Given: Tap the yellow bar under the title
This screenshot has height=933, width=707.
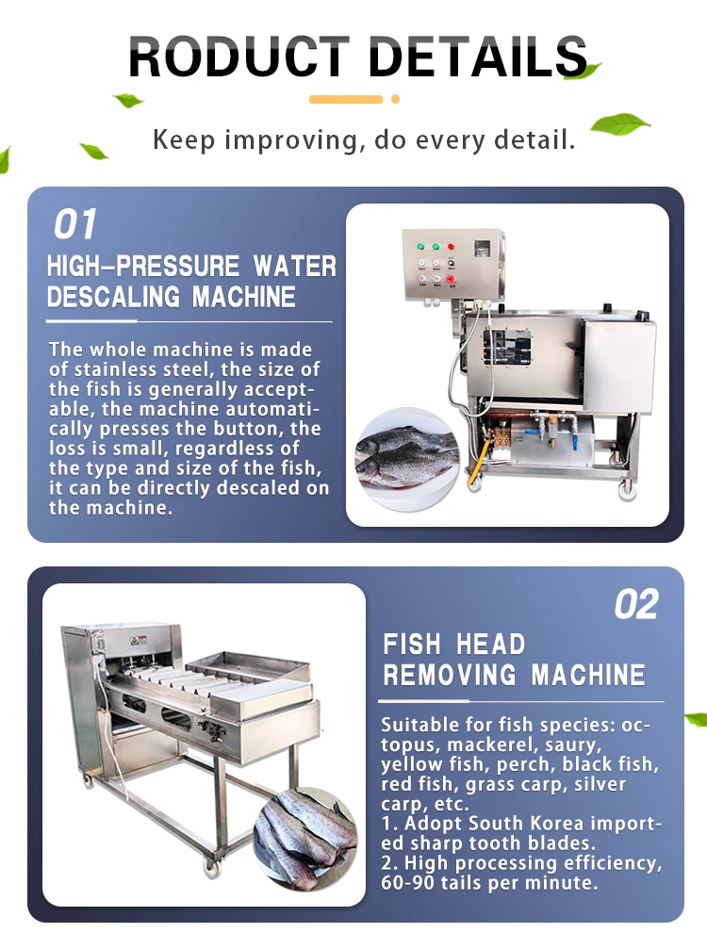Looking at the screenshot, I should (x=345, y=99).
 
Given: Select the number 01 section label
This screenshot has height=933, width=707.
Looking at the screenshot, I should (x=75, y=225).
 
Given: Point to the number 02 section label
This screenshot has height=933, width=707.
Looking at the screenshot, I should (x=636, y=605).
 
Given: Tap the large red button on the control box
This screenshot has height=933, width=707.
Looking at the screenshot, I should (x=451, y=279).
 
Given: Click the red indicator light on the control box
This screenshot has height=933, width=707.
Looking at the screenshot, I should (x=451, y=247).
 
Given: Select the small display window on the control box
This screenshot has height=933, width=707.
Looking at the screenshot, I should (x=483, y=250).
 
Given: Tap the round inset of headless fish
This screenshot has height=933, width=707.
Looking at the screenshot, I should (x=304, y=833).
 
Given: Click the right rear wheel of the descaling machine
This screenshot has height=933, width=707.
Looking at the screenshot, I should (x=623, y=488).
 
